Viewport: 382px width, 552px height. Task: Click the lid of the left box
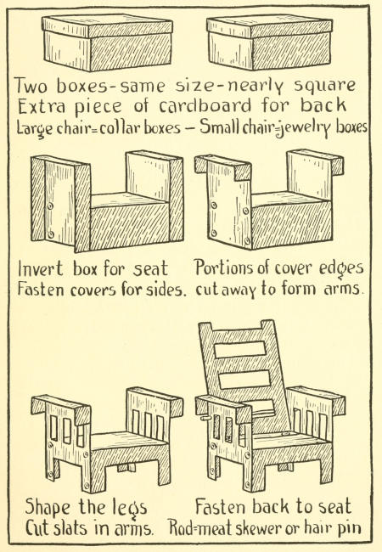pos(107,25)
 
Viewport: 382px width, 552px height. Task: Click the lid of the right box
pos(269,26)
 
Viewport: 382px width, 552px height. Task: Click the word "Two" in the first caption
pos(32,86)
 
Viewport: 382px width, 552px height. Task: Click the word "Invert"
pos(41,269)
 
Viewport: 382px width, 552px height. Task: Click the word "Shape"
pos(48,507)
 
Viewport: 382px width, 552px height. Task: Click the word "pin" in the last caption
pos(349,529)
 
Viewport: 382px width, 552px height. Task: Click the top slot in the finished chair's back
pos(240,349)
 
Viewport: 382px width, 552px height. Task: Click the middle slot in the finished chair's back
pos(244,380)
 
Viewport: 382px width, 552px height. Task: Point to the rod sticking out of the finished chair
pos(203,418)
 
